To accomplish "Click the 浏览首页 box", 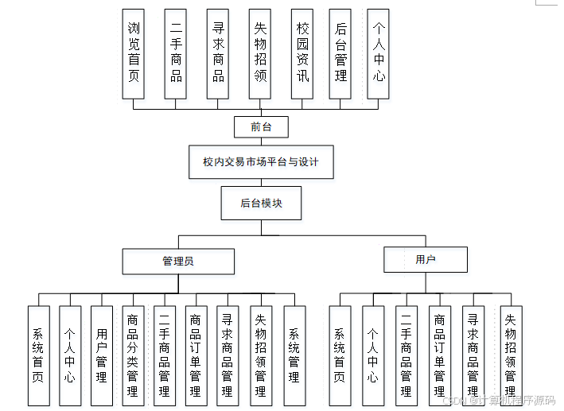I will point(134,53).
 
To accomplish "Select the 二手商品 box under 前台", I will point(176,53).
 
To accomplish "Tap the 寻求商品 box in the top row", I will point(218,53).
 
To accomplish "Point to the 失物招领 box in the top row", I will point(260,53).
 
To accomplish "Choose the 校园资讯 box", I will point(301,53).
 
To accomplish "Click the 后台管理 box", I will point(340,53).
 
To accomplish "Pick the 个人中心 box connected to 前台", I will point(379,53).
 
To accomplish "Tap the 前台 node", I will point(260,126).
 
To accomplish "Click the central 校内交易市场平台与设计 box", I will point(260,162).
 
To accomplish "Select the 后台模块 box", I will point(261,203).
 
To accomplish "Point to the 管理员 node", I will point(178,261).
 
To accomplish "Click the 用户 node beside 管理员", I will point(426,259).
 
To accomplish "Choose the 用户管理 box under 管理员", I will point(101,355).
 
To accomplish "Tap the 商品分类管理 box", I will point(133,355).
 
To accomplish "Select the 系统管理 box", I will point(294,355).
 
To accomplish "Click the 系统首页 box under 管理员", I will point(38,355).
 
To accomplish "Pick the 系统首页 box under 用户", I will point(340,355).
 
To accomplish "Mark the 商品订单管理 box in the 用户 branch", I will point(439,355).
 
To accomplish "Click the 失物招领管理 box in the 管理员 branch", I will point(261,355).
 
